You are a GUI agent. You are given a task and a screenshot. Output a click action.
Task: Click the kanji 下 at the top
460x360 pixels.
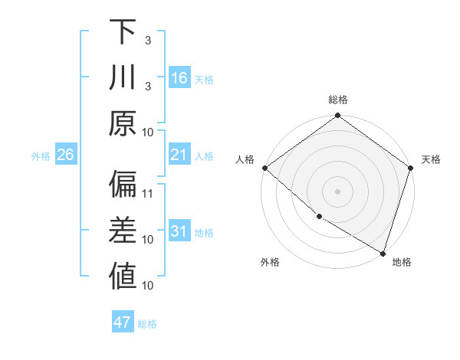pos(123,32)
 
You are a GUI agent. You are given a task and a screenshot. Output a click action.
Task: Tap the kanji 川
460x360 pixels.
pos(123,77)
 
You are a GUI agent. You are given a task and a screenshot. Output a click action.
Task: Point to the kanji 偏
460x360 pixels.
pos(123,185)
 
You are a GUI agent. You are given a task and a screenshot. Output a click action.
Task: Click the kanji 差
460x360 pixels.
pos(123,231)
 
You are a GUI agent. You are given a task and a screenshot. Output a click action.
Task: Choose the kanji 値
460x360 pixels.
pos(123,277)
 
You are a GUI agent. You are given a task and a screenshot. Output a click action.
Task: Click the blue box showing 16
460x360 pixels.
pos(179,78)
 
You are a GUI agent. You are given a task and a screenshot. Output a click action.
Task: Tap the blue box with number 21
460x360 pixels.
pos(179,155)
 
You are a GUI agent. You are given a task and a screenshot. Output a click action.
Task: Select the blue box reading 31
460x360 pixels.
pos(179,232)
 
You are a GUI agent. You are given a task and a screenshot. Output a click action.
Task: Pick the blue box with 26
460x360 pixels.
pos(66,155)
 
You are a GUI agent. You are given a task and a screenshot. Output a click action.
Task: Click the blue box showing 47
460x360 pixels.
pos(123,322)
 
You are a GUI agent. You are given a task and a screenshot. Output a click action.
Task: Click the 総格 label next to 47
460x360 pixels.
pos(147,324)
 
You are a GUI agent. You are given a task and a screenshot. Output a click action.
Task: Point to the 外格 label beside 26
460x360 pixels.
pos(41,156)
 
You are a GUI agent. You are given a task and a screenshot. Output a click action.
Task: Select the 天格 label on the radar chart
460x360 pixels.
pos(431,159)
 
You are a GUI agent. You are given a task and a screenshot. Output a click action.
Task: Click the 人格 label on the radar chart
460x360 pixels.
pos(245,159)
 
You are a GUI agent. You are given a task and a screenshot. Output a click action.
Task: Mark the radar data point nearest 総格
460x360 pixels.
pos(337,116)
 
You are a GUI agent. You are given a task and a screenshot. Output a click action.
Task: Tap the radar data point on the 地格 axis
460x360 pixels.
pos(382,252)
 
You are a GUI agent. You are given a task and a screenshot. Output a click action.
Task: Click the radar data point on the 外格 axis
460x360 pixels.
pos(319,216)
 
